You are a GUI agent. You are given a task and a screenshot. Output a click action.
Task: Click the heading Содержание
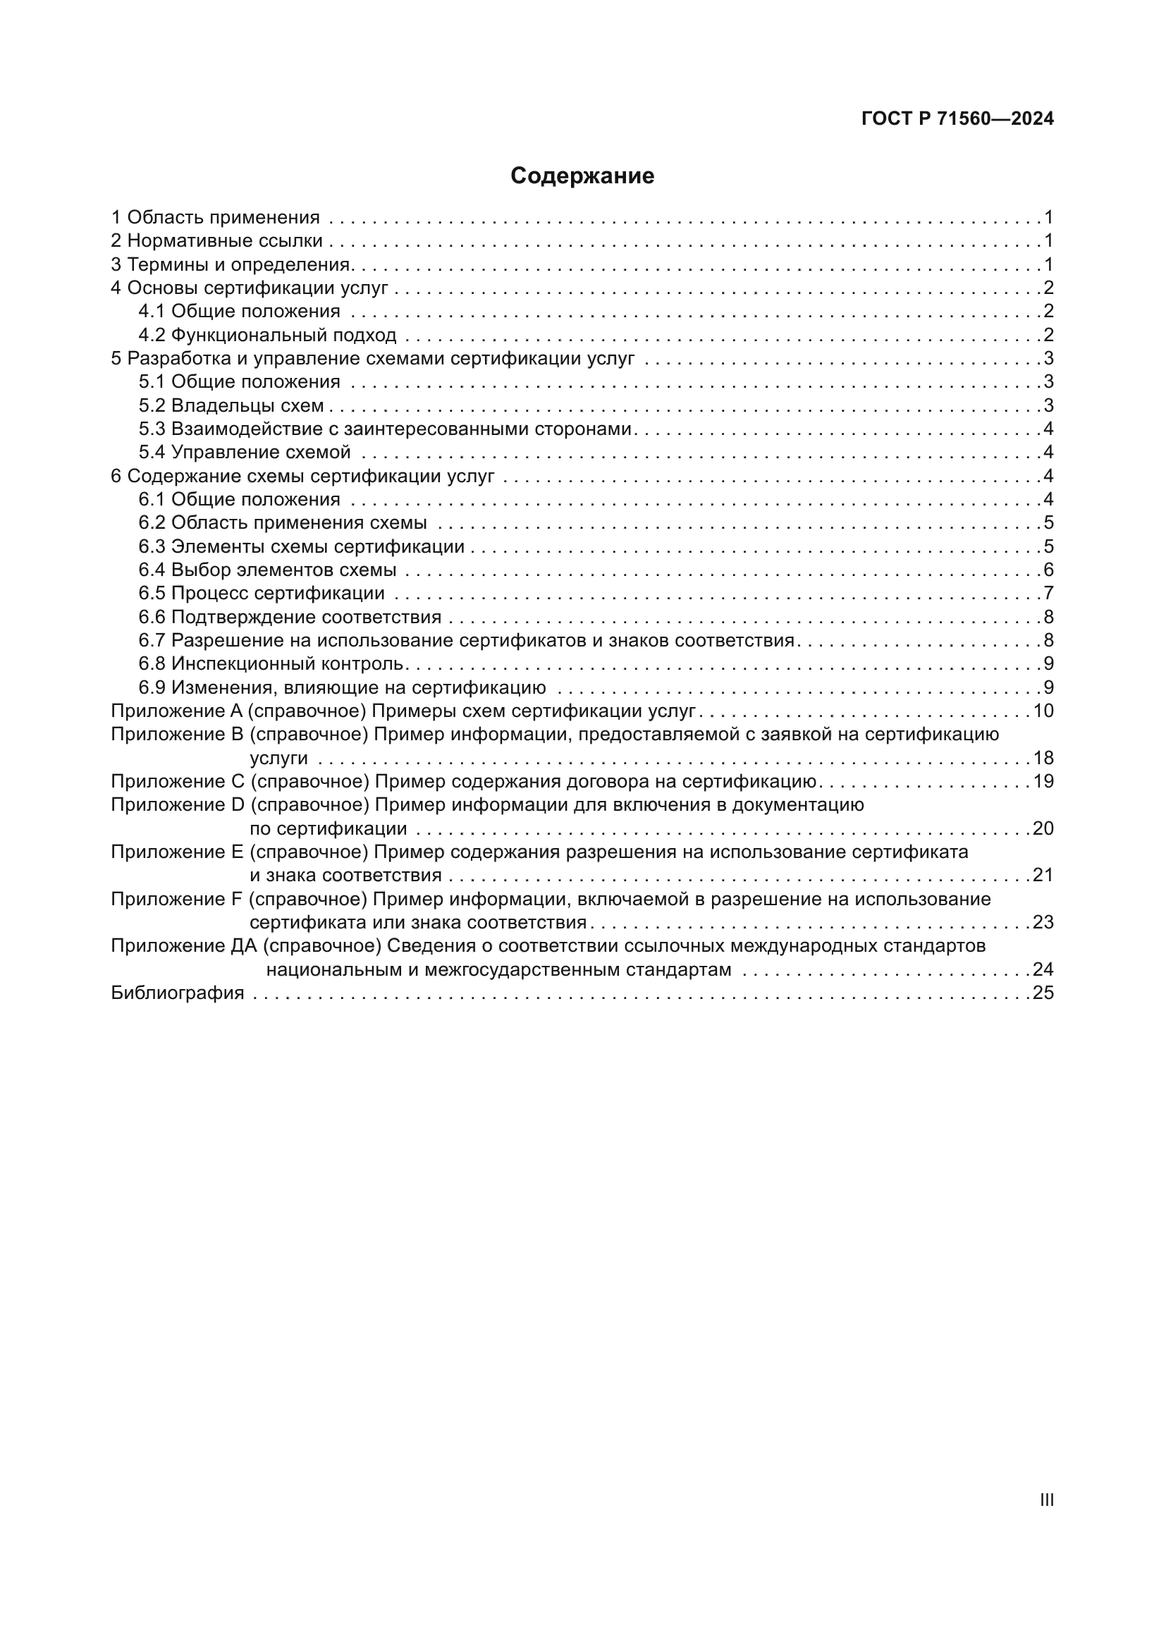pos(582,176)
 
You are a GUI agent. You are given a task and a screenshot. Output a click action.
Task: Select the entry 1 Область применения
pos(216,217)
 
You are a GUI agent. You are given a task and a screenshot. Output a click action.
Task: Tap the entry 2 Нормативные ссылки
pos(217,240)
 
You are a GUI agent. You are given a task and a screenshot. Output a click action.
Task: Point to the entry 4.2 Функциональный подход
pos(267,335)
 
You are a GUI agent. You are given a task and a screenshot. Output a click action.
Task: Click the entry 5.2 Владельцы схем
pos(231,406)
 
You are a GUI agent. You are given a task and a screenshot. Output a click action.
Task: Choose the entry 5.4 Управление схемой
pos(244,453)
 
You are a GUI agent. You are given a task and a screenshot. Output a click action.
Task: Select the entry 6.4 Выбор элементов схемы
pos(267,570)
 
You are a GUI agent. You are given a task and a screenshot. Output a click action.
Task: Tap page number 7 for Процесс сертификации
pos(1048,593)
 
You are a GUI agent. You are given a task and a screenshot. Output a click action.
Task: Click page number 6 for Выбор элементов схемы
pos(1048,570)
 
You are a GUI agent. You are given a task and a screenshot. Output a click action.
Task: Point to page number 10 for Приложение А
pos(1043,711)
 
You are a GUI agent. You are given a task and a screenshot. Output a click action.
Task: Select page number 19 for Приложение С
pos(1043,781)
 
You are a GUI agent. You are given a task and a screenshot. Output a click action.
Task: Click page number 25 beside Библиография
pos(1043,993)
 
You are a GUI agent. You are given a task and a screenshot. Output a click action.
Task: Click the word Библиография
pos(178,993)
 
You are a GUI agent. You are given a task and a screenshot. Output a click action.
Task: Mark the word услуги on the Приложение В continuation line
pos(278,759)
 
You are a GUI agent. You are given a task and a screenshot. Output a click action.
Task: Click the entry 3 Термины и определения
pos(231,264)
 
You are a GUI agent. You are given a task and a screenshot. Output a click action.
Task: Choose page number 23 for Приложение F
pos(1043,922)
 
